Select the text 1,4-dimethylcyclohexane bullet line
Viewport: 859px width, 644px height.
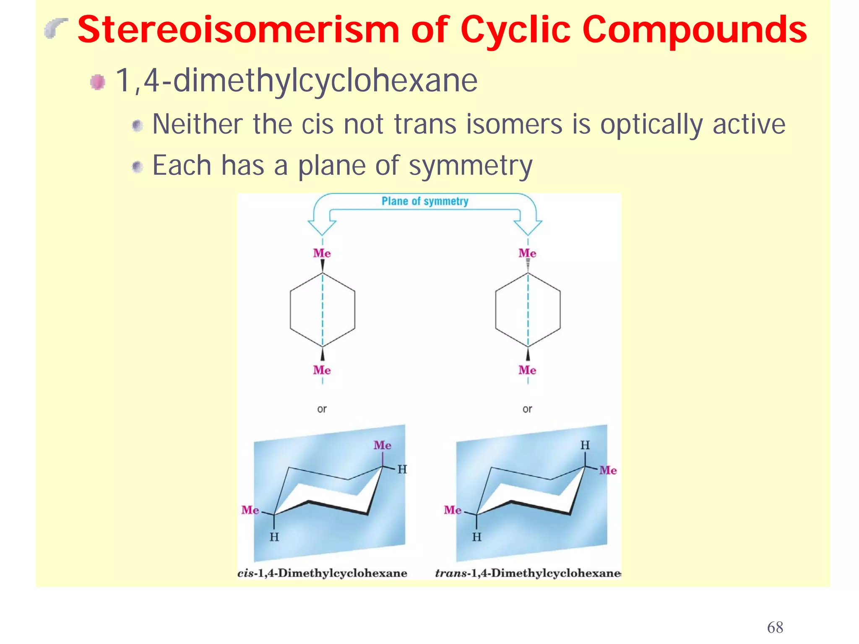point(296,80)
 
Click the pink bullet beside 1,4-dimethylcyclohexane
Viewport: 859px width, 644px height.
point(98,82)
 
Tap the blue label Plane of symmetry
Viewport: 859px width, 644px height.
point(425,201)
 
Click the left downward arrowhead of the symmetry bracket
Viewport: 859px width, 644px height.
point(322,227)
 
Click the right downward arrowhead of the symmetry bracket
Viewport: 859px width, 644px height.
point(528,227)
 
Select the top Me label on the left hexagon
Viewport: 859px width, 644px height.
point(322,253)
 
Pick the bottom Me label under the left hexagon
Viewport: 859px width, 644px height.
point(322,370)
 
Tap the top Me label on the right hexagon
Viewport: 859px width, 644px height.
point(527,253)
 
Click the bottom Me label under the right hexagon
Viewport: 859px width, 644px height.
point(527,370)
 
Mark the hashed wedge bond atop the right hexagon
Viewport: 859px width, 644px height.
point(528,265)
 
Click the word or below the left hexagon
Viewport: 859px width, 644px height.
point(322,409)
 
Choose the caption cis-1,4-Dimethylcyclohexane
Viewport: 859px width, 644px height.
point(322,573)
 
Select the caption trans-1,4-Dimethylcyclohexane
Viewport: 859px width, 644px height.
point(528,573)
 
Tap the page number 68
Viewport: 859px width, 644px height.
point(775,627)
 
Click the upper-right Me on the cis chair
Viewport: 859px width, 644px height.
point(383,445)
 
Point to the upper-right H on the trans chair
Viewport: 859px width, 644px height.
point(585,445)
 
